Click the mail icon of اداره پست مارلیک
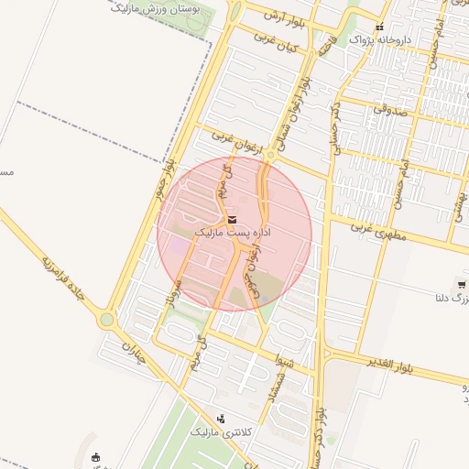[231, 220]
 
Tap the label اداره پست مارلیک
[233, 234]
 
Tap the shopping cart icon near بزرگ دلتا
[462, 285]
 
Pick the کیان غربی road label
[280, 42]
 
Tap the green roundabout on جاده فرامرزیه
[107, 321]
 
